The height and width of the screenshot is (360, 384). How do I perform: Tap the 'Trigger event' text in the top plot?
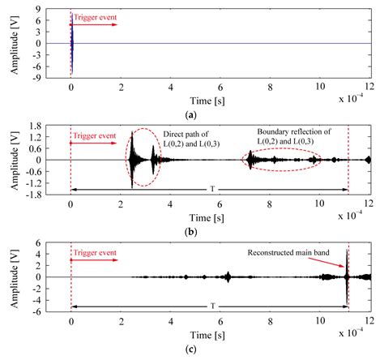tap(94, 16)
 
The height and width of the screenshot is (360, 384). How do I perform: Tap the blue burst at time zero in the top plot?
tap(71, 45)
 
